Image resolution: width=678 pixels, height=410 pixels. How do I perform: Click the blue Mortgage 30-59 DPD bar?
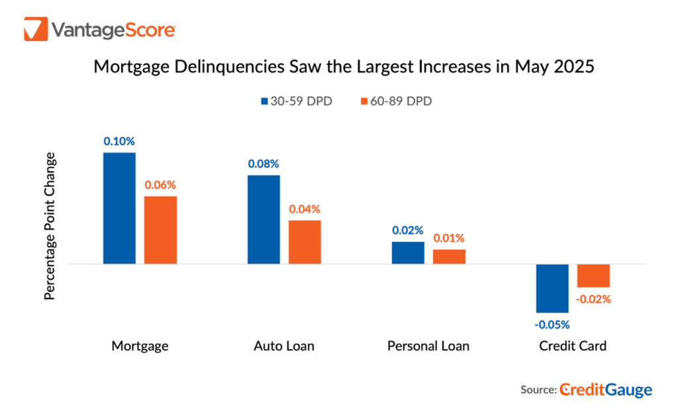coord(119,208)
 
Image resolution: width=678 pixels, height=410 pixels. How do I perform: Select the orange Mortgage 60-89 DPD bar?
coord(161,230)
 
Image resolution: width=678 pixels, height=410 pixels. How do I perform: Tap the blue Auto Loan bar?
coord(264,219)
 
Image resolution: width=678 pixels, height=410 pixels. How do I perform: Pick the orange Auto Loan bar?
coord(305,242)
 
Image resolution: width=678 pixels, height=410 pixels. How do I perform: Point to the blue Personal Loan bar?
coord(408,252)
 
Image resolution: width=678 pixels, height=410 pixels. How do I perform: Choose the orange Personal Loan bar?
coord(449,256)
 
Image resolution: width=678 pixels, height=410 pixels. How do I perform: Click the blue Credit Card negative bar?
coord(552,288)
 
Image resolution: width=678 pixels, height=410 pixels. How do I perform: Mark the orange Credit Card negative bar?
coord(593,276)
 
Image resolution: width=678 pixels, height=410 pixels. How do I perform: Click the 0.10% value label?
coord(119,141)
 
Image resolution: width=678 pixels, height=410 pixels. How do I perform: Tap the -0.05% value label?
coord(552,324)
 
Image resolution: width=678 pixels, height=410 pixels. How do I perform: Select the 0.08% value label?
coord(264,164)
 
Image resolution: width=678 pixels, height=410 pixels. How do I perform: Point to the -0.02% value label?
coord(593,299)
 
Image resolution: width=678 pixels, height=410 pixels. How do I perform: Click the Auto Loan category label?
coord(284,346)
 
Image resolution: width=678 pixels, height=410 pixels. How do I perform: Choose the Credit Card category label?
coord(573,346)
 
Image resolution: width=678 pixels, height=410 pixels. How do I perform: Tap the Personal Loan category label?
coord(428,346)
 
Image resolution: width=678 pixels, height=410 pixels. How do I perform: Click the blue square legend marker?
coord(265,101)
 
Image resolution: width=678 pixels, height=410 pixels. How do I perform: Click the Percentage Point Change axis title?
coord(50,227)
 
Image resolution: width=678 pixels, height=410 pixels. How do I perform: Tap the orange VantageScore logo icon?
coord(35,30)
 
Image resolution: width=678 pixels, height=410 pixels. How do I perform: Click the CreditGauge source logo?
coord(605,390)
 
